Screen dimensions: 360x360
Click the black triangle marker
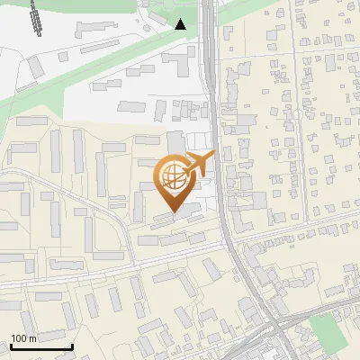[x=181, y=24]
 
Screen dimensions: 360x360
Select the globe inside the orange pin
[x=172, y=175]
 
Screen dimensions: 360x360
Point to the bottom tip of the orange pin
[x=172, y=212]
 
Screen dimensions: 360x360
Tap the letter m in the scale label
[x=33, y=338]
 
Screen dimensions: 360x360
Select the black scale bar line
[x=40, y=346]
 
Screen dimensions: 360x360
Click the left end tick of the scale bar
[x=10, y=345]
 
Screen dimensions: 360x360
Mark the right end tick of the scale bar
[x=72, y=345]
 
